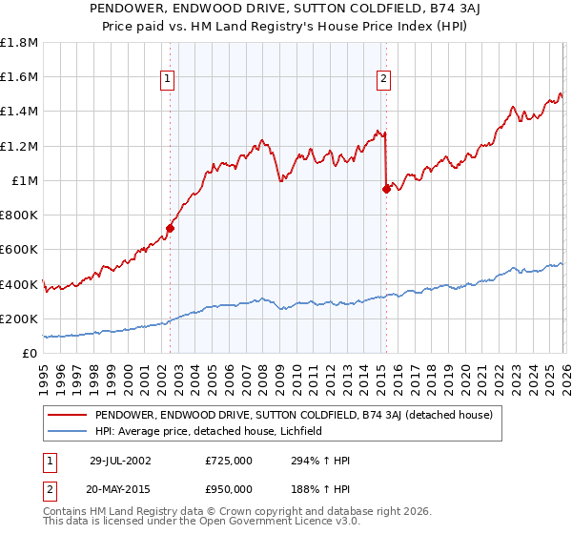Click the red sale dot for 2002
(x=171, y=228)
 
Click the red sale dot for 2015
(x=386, y=189)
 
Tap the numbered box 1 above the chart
(x=167, y=80)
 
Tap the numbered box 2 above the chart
(x=383, y=80)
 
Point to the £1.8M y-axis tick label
(x=19, y=43)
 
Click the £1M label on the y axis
(x=25, y=181)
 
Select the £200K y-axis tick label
(x=19, y=319)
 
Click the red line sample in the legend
(x=68, y=415)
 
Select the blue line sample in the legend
(x=68, y=431)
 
